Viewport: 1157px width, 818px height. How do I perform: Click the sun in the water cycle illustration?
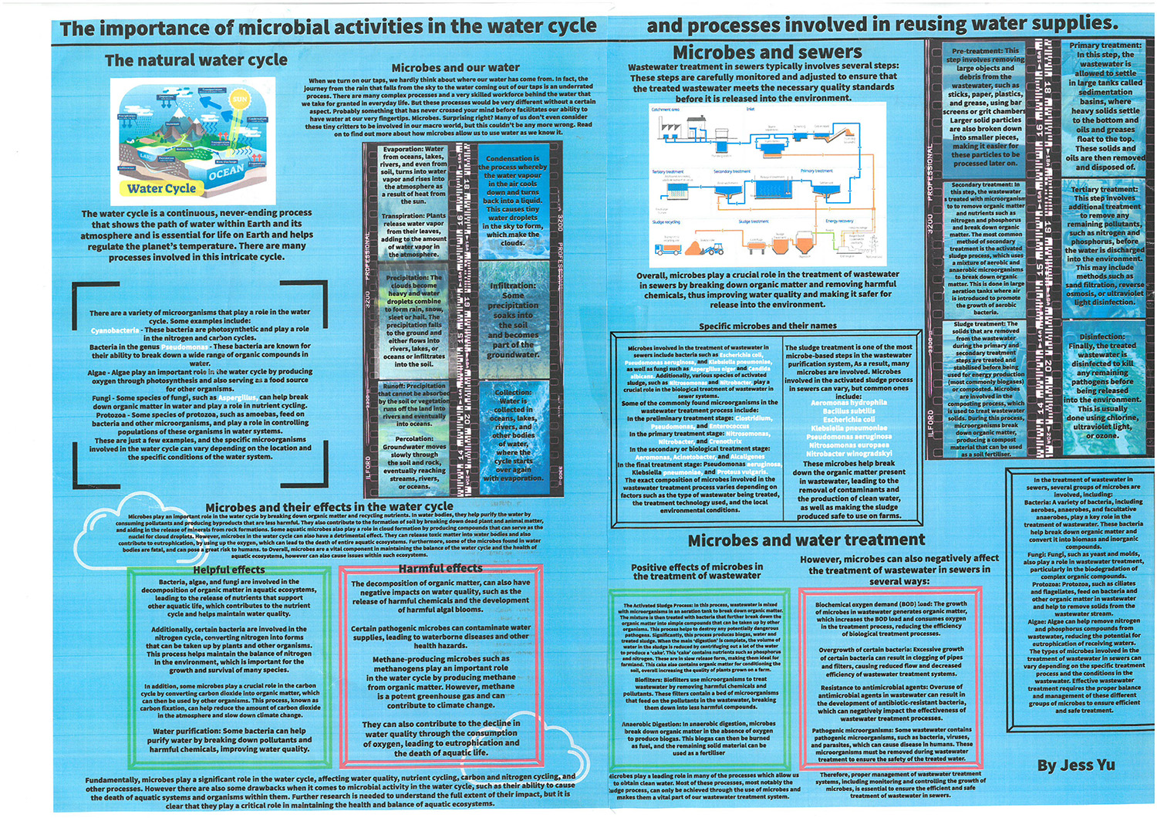coord(240,100)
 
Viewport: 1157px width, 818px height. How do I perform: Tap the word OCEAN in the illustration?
coord(226,172)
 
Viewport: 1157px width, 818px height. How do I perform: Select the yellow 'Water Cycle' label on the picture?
coord(161,188)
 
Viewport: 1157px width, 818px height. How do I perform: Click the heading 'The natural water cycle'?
coord(196,60)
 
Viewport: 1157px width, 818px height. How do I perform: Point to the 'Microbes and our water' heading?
coord(455,68)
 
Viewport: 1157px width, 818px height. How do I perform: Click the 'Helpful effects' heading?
coord(228,570)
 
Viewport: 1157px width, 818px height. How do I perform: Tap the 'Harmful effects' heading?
coord(440,569)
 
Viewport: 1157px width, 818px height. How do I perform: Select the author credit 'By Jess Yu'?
coord(1076,765)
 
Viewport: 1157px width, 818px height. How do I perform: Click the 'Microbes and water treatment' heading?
coord(806,540)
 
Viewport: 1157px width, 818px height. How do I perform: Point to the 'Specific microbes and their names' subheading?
coord(767,326)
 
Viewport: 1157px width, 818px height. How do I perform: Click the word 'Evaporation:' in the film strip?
coord(403,150)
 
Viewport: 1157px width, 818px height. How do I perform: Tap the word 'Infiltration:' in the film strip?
coord(512,286)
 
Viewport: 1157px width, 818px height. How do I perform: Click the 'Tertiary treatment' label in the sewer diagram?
coord(668,171)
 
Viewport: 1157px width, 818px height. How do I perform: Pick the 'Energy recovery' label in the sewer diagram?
coord(839,221)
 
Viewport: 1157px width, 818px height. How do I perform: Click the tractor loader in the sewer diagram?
coord(713,248)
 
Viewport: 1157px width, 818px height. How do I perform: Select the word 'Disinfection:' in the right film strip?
coord(1101,336)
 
